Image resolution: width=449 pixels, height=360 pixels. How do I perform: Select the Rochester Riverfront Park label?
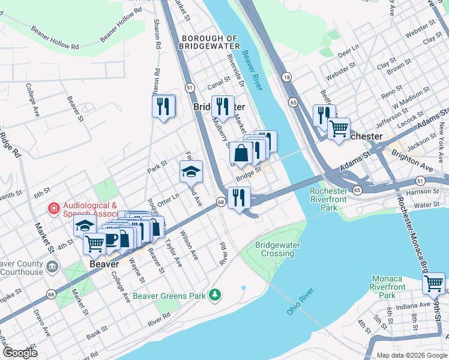(x=328, y=200)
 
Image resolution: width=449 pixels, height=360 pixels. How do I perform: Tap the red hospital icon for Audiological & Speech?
(x=53, y=209)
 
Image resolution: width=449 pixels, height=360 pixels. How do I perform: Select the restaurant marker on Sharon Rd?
(x=163, y=107)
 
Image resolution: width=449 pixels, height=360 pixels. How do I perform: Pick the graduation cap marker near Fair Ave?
(x=191, y=172)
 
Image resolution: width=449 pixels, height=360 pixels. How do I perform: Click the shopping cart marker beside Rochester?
(x=339, y=128)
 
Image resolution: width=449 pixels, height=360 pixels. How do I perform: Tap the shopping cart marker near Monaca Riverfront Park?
(x=433, y=283)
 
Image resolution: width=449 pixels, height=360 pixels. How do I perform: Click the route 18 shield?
(x=287, y=77)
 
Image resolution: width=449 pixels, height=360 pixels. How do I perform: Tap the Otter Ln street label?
(x=169, y=196)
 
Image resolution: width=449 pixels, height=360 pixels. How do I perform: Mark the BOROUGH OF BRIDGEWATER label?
(x=209, y=42)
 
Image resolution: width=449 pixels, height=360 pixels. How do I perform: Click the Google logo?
(x=20, y=353)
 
